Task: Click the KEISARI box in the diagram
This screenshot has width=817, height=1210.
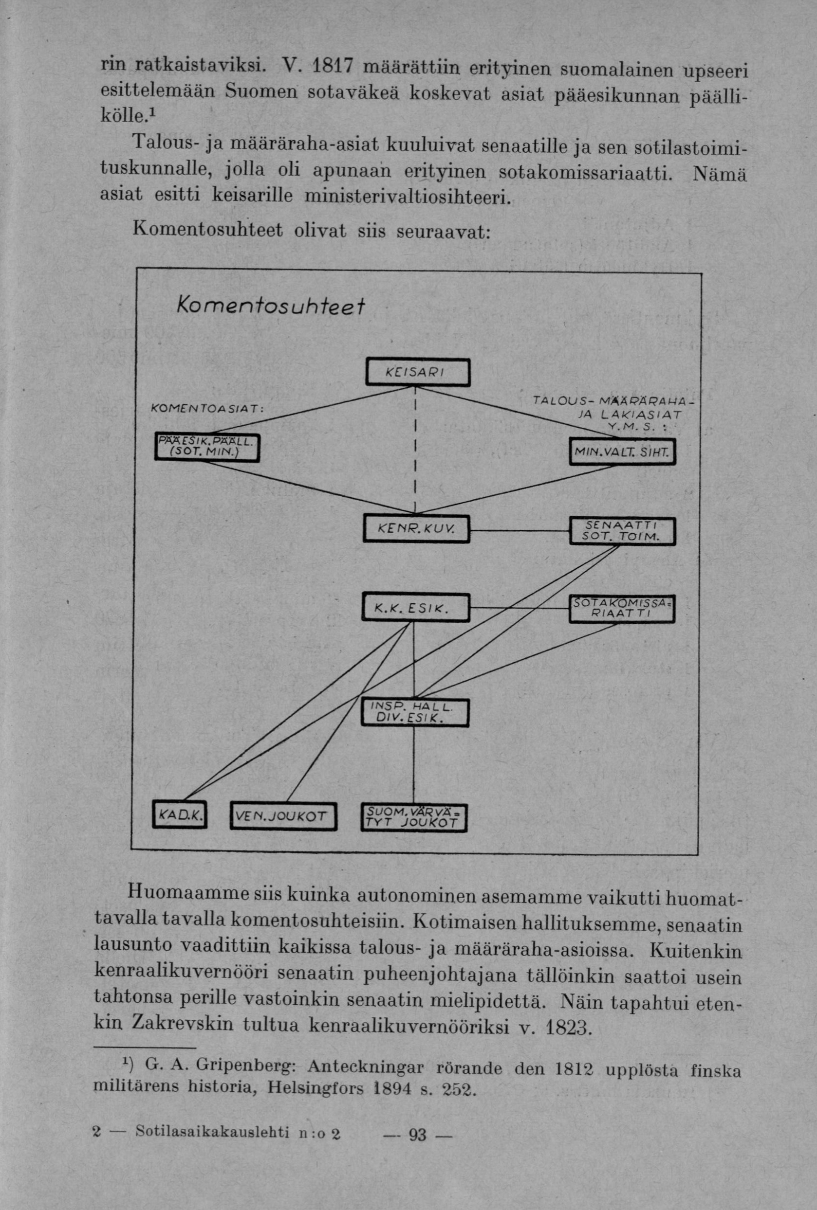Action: [x=417, y=372]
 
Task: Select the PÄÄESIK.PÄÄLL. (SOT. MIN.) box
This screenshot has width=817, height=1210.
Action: [x=207, y=446]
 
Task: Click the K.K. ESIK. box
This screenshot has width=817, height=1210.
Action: [x=415, y=607]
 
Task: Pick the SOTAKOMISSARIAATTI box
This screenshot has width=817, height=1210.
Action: [x=622, y=609]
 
